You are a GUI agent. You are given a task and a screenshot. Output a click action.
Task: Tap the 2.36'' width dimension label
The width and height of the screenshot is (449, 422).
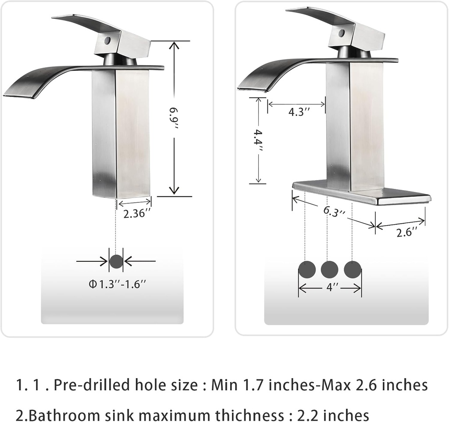137,214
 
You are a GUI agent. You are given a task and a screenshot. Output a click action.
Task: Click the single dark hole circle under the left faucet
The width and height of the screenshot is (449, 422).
116,261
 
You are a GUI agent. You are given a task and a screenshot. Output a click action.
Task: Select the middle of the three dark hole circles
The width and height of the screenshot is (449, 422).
329,269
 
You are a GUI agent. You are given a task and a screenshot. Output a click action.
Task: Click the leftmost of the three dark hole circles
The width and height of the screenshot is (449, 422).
306,269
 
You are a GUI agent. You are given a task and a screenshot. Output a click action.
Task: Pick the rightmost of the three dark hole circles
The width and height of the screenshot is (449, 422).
353,269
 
